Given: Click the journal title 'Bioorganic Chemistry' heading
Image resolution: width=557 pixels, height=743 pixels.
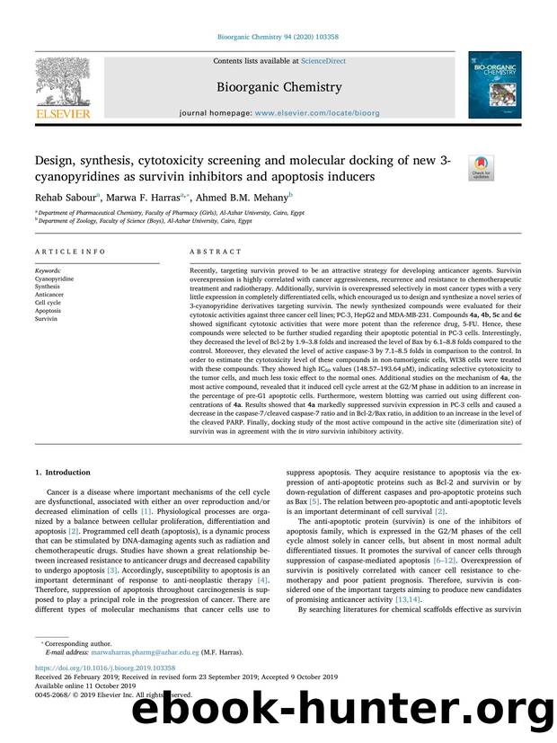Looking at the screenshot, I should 278,87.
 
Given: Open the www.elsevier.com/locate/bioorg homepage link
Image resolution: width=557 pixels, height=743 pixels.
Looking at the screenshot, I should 311,116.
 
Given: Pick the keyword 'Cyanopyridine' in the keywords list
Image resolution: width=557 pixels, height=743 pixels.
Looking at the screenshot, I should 54,279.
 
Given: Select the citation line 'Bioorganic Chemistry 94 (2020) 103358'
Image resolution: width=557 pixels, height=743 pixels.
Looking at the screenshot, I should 278,37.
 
